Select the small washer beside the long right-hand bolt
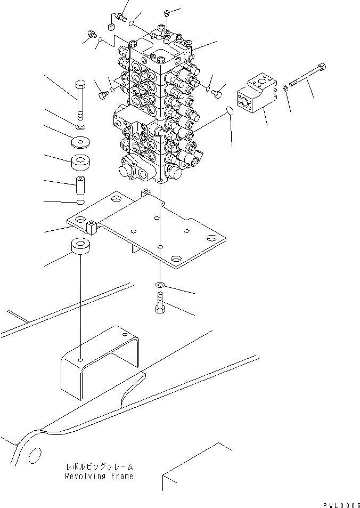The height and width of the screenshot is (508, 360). [x=287, y=87]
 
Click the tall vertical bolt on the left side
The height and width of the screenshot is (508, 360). [x=80, y=101]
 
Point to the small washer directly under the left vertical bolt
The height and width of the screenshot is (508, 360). [x=80, y=127]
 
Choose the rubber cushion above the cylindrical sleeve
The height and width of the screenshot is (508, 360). [x=80, y=162]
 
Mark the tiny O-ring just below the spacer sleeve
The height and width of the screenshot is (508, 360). [x=80, y=202]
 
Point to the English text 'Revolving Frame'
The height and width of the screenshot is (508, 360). [x=99, y=476]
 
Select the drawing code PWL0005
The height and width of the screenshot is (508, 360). [x=341, y=504]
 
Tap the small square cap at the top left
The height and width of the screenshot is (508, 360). [x=111, y=27]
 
